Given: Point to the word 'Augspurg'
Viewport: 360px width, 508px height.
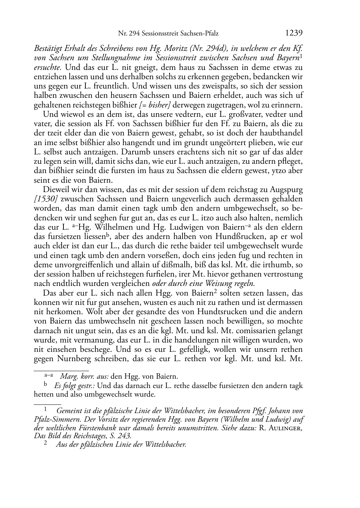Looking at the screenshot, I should [285, 190].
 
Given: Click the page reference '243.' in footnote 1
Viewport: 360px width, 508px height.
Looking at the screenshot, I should [125, 436].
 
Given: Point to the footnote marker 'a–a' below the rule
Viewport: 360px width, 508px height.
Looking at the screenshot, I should [49, 375].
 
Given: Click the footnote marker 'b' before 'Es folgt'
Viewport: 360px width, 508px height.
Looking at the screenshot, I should [45, 385].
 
